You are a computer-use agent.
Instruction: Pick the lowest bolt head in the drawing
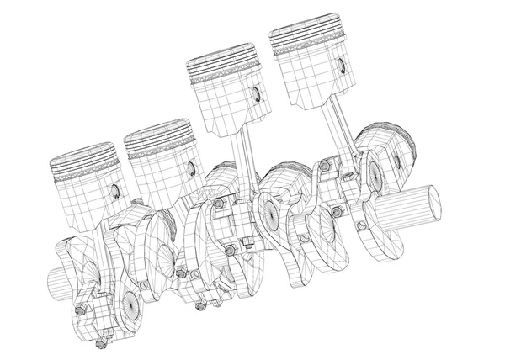point(101,344)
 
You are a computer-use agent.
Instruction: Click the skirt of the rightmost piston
point(311,84)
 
